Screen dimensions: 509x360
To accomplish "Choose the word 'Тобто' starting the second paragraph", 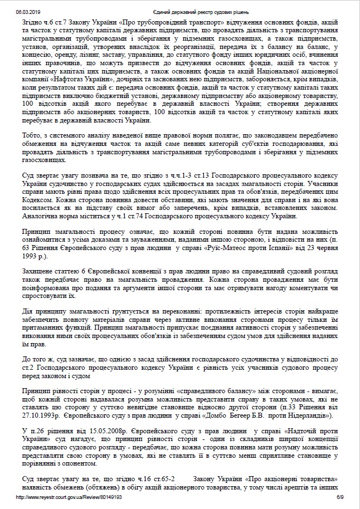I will (28, 135).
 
